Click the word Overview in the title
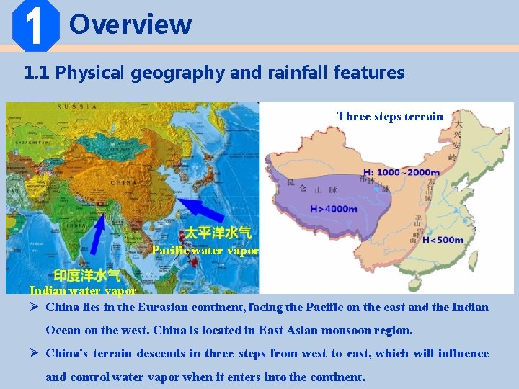(x=130, y=24)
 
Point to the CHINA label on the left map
(x=123, y=183)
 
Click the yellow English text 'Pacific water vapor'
(x=205, y=251)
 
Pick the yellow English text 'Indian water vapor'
(x=82, y=290)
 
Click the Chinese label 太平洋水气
(x=218, y=233)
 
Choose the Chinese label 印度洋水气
(x=86, y=275)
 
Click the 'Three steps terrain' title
(x=390, y=116)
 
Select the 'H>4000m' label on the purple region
(x=333, y=209)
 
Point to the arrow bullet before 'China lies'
(x=34, y=308)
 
